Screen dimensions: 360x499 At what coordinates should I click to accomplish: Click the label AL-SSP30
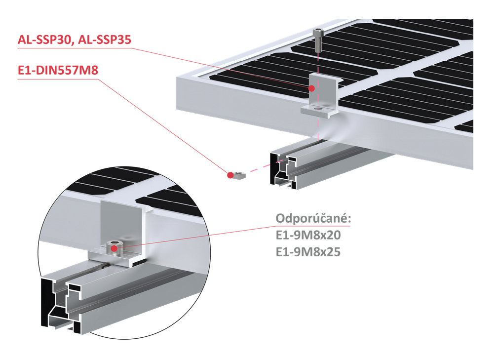[x=42, y=40]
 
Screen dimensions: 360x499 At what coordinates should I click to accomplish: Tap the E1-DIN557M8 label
[x=58, y=71]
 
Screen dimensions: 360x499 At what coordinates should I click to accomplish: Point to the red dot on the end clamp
[x=311, y=88]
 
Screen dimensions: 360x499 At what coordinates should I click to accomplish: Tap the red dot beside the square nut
[x=230, y=174]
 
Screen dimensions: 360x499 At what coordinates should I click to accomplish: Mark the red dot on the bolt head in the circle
[x=114, y=248]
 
